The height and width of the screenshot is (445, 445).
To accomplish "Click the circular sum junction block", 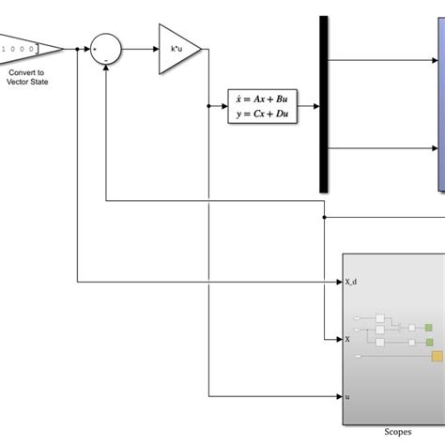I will point(106,48).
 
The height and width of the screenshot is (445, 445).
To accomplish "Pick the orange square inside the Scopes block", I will point(437,355).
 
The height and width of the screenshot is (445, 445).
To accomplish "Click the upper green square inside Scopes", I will point(428,328).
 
